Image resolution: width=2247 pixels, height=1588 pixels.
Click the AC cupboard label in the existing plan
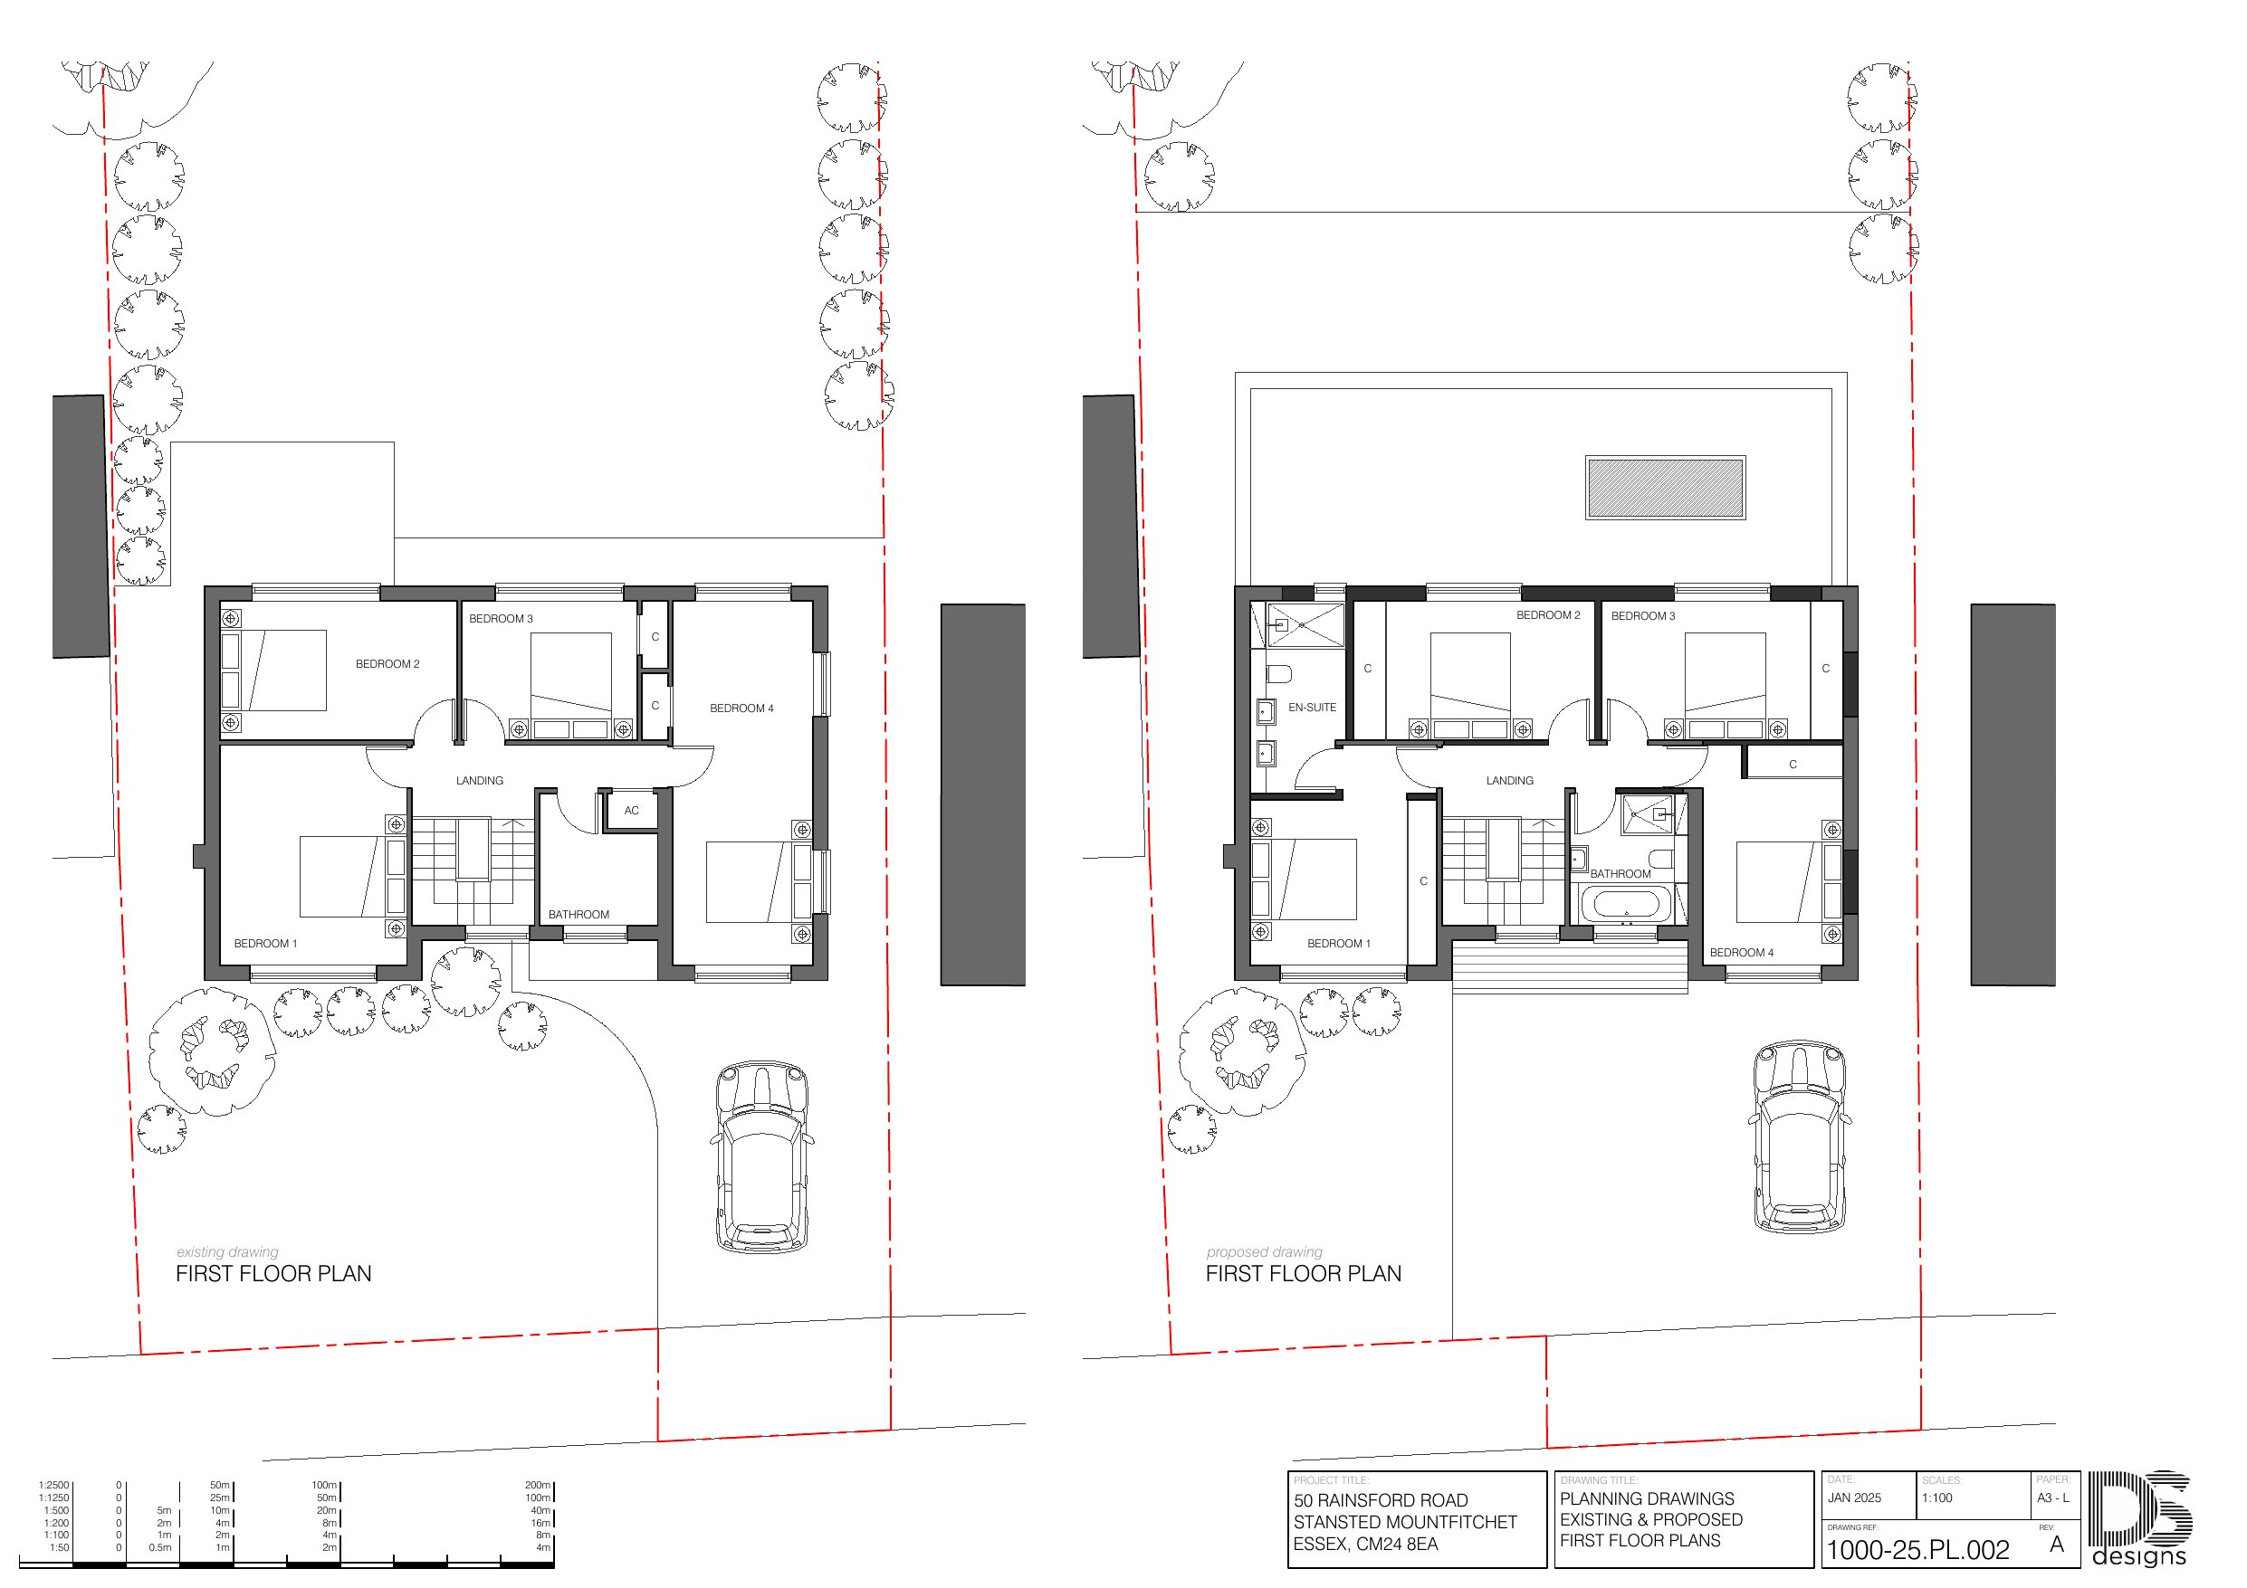click(631, 810)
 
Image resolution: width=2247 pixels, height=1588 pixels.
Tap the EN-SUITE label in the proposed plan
click(1312, 708)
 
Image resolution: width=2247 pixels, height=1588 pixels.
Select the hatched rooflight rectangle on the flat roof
click(1665, 488)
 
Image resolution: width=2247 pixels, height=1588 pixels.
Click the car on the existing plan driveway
click(762, 1156)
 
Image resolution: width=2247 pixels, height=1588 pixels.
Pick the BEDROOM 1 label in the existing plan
click(265, 943)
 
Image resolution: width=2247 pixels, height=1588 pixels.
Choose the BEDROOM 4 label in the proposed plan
click(1741, 952)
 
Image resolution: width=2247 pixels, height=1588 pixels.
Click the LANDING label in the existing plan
click(480, 781)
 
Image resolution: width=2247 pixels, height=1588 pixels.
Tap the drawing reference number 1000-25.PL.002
click(1917, 1550)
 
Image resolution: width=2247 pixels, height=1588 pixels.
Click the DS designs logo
click(2139, 1518)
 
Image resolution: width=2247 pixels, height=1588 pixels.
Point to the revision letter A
click(2057, 1544)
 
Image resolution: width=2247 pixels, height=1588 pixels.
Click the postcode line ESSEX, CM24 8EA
click(1365, 1544)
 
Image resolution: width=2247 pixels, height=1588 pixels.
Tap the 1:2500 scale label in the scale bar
click(53, 1485)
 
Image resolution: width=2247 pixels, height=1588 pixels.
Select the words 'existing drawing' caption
click(227, 1251)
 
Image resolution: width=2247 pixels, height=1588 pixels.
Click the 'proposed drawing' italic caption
click(1264, 1251)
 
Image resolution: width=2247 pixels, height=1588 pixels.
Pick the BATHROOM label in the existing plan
click(578, 915)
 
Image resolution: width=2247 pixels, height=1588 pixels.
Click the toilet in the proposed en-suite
click(1279, 674)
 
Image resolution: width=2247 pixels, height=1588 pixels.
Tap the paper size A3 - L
click(2053, 1498)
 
